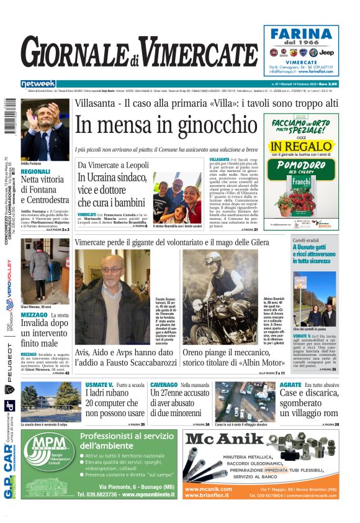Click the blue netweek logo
[38, 84]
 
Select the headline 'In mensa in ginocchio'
[166, 125]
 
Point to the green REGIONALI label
[35, 171]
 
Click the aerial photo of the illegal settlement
[245, 402]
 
